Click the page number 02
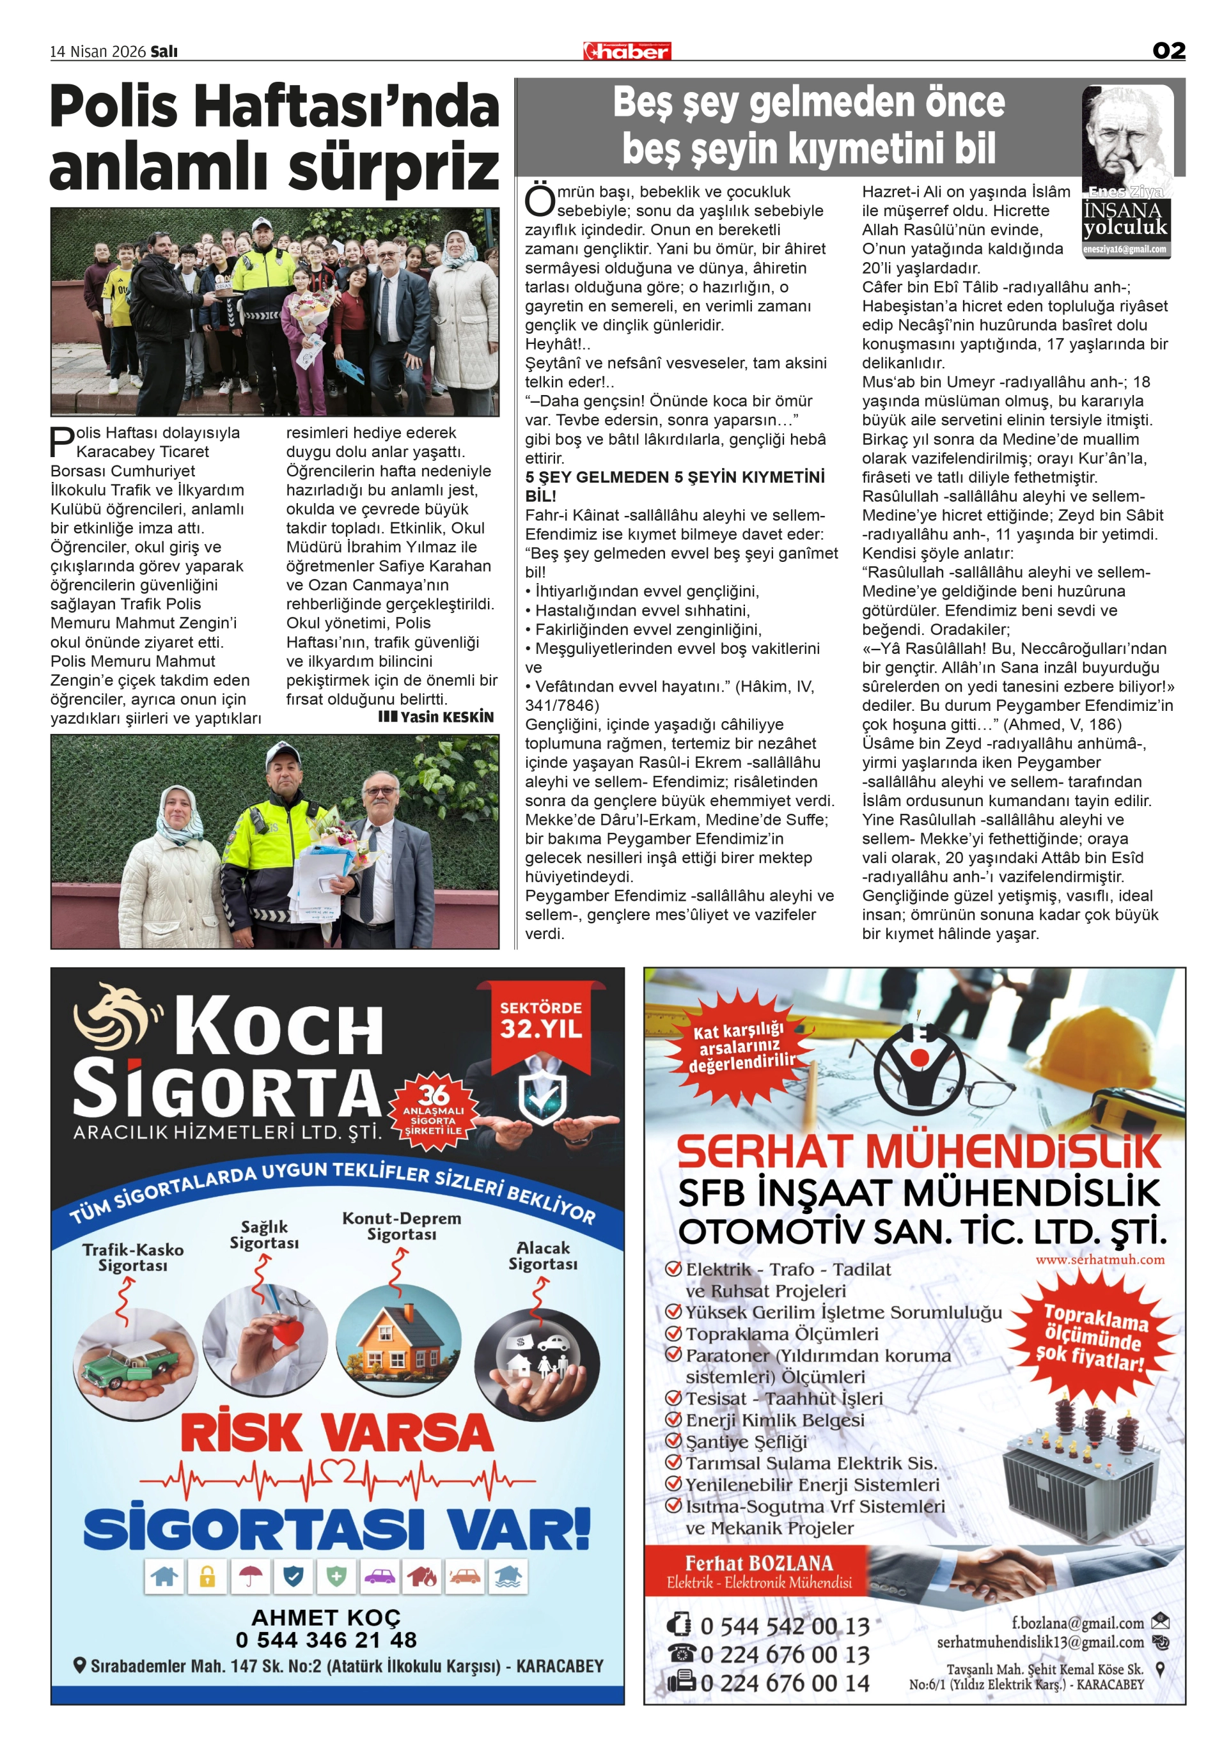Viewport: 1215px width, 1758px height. point(1168,51)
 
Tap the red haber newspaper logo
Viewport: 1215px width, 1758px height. point(627,51)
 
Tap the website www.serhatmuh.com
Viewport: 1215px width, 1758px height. point(1099,1259)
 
